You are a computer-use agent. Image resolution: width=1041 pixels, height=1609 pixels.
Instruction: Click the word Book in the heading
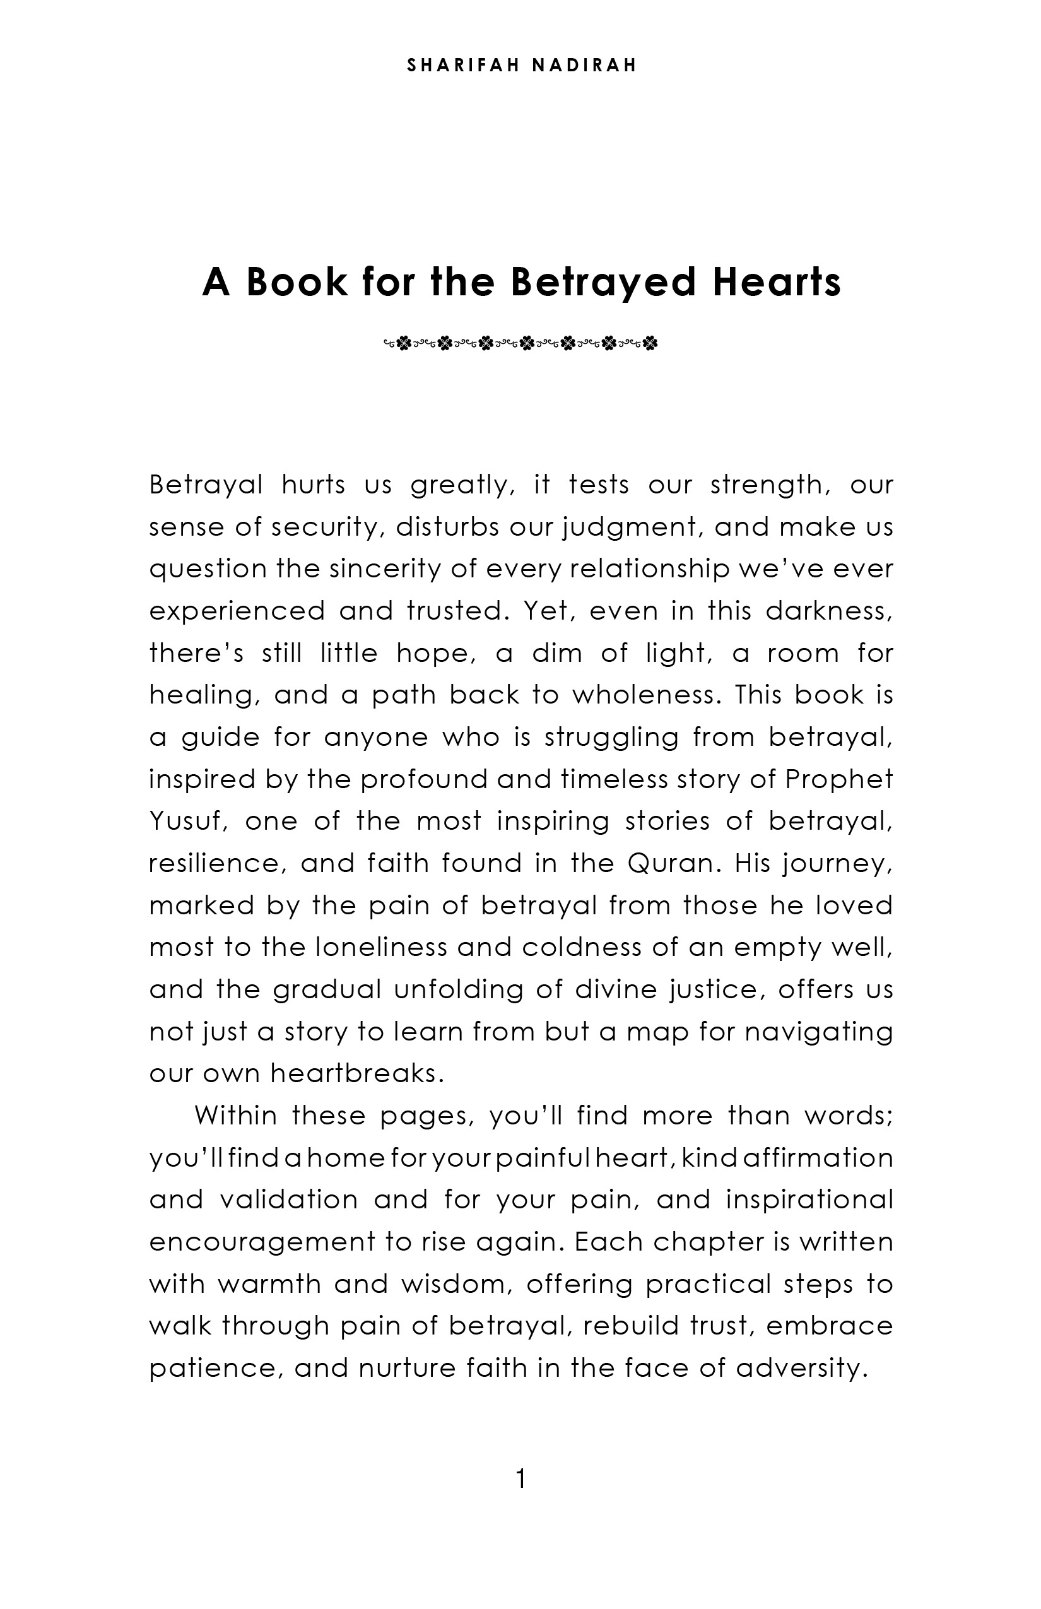pyautogui.click(x=296, y=282)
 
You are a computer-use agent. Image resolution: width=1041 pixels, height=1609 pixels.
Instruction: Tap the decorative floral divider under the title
pyautogui.click(x=520, y=343)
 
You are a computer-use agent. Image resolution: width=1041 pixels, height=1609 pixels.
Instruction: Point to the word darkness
pyautogui.click(x=830, y=611)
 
